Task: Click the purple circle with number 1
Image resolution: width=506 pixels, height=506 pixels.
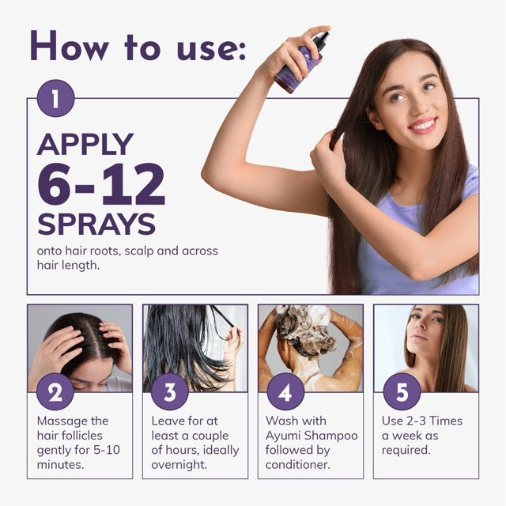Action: [55, 99]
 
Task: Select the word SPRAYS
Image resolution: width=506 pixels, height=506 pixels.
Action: [96, 224]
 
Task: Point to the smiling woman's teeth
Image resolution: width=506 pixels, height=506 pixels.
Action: [423, 125]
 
